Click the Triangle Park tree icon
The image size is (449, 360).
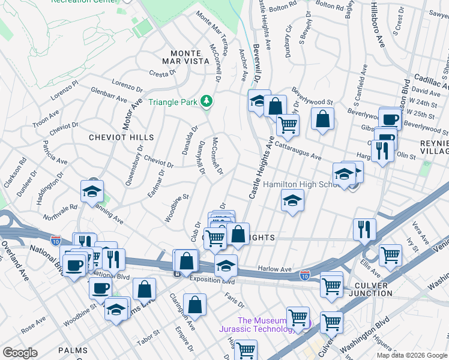207,101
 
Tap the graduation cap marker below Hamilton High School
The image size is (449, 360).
292,201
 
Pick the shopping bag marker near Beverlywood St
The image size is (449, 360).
322,120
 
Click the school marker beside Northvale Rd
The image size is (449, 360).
92,192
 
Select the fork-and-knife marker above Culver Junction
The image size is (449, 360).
364,230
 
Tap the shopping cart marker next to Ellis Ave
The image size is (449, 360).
390,256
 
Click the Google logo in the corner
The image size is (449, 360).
20,353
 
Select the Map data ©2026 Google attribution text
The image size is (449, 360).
411,355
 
